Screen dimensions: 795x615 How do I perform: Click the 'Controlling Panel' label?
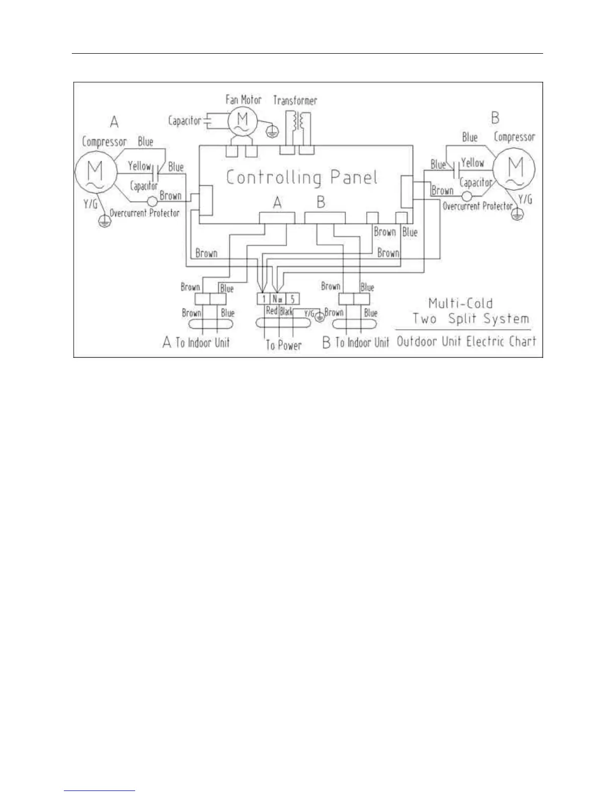pos(301,177)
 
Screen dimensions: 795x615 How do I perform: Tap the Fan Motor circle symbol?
pos(243,121)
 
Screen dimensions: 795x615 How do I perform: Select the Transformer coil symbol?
pos(297,123)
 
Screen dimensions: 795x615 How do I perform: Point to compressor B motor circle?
pos(514,169)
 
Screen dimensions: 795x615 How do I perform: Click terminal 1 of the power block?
pos(264,299)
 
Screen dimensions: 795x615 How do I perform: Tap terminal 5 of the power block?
pos(292,299)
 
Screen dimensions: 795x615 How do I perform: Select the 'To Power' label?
pos(283,345)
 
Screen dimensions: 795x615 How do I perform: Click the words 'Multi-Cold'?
pos(460,303)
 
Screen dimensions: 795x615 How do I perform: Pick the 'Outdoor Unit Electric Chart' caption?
pos(466,342)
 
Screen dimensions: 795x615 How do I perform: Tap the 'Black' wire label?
pos(286,312)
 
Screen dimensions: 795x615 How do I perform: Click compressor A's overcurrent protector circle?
pos(152,202)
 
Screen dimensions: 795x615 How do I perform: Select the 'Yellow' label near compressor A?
pos(139,166)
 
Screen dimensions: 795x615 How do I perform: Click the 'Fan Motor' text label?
pos(244,99)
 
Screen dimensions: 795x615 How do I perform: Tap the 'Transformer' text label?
pos(295,100)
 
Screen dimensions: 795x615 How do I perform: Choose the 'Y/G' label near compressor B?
pos(525,199)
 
